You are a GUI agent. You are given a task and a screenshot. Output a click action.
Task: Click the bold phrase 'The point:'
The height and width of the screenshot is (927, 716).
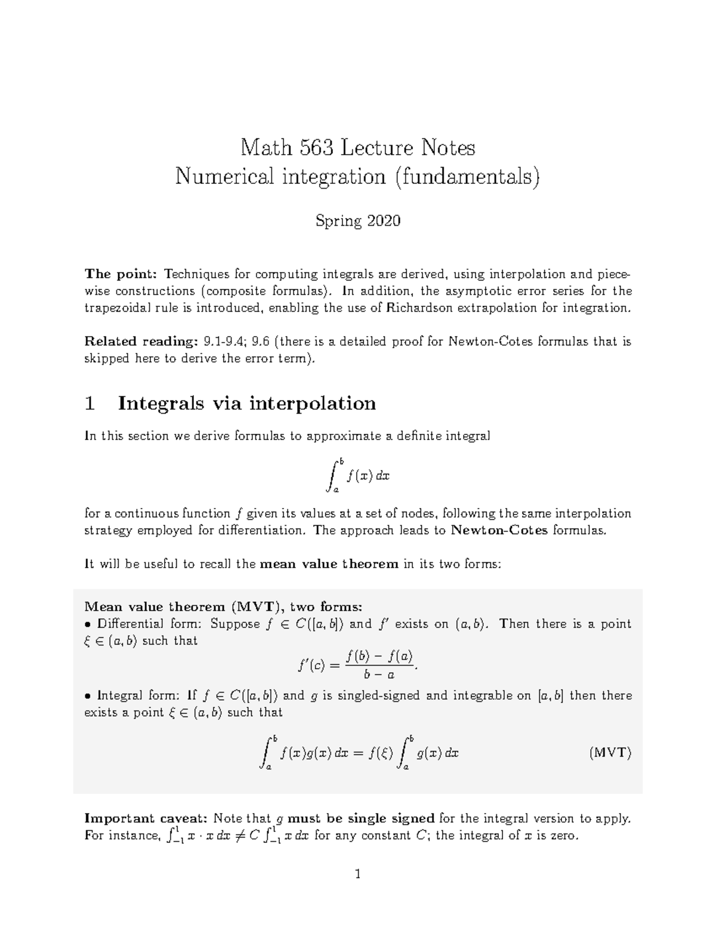[x=121, y=275]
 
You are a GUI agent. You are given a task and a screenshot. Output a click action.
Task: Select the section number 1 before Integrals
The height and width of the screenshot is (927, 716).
[x=90, y=404]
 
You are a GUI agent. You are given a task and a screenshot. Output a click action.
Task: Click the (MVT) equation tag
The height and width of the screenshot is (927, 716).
[x=610, y=752]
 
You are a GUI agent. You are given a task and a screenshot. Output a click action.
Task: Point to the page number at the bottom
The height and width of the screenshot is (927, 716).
[x=358, y=874]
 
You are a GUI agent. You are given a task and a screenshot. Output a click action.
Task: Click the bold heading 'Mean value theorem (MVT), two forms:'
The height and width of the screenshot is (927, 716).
[x=223, y=607]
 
